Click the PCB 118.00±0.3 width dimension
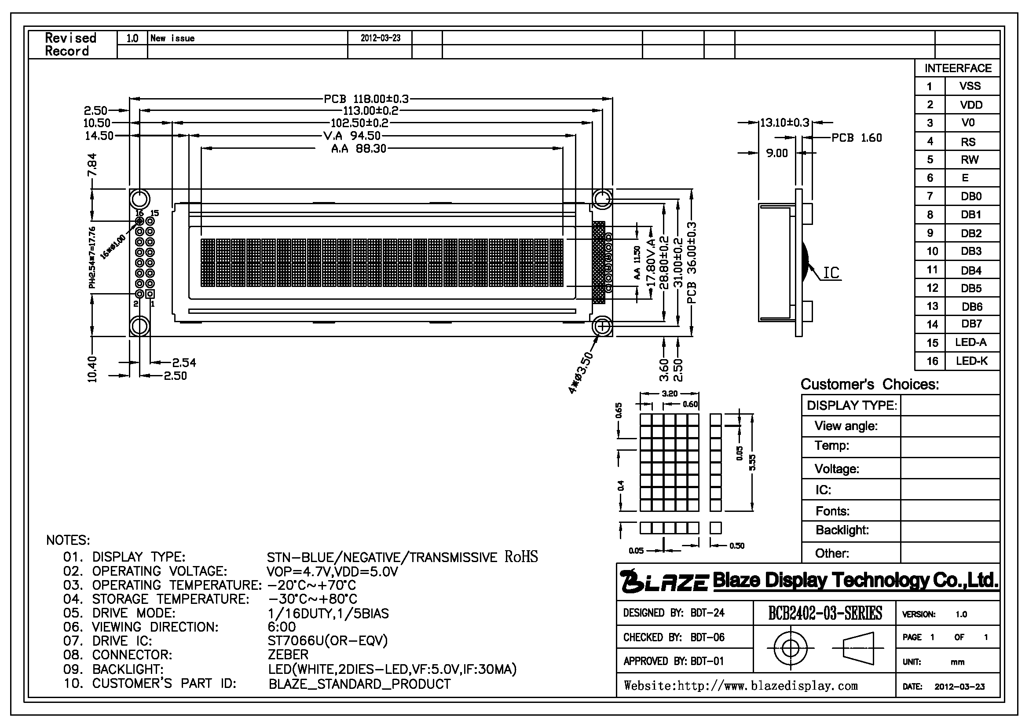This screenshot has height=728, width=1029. click(x=366, y=99)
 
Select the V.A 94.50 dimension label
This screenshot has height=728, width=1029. click(x=352, y=136)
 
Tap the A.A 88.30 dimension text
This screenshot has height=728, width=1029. click(x=359, y=149)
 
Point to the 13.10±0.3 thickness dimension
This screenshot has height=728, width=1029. click(x=785, y=122)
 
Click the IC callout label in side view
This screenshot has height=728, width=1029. click(x=831, y=272)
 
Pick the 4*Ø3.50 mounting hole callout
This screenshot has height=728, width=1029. click(x=581, y=373)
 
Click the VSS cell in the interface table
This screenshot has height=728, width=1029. click(x=970, y=86)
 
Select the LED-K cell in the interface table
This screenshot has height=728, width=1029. click(x=972, y=361)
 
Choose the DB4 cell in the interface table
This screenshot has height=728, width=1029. click(x=971, y=270)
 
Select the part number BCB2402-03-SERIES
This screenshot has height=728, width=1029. click(x=825, y=613)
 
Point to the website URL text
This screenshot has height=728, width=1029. click(x=741, y=686)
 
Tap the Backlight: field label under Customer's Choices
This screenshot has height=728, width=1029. click(x=842, y=530)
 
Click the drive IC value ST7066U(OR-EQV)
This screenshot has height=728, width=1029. click(x=328, y=640)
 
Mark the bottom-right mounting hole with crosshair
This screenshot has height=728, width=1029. click(x=603, y=326)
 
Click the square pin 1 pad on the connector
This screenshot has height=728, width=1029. click(x=150, y=294)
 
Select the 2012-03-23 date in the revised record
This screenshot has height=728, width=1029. click(x=381, y=38)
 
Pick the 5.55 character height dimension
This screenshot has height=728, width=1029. click(x=753, y=463)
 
